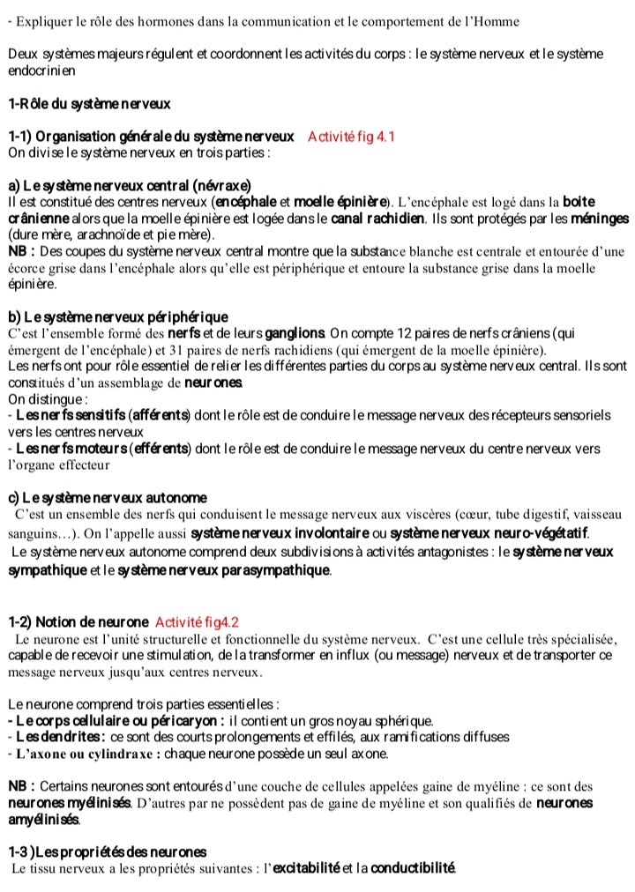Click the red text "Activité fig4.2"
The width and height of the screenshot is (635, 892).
click(197, 621)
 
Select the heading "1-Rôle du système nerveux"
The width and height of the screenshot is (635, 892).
click(89, 104)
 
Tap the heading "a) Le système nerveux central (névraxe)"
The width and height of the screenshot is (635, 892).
click(129, 185)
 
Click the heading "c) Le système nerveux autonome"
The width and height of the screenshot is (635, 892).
click(107, 498)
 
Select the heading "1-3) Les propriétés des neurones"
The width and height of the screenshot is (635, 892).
click(107, 851)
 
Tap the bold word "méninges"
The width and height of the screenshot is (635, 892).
click(599, 218)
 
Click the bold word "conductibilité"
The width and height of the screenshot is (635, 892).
click(413, 869)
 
